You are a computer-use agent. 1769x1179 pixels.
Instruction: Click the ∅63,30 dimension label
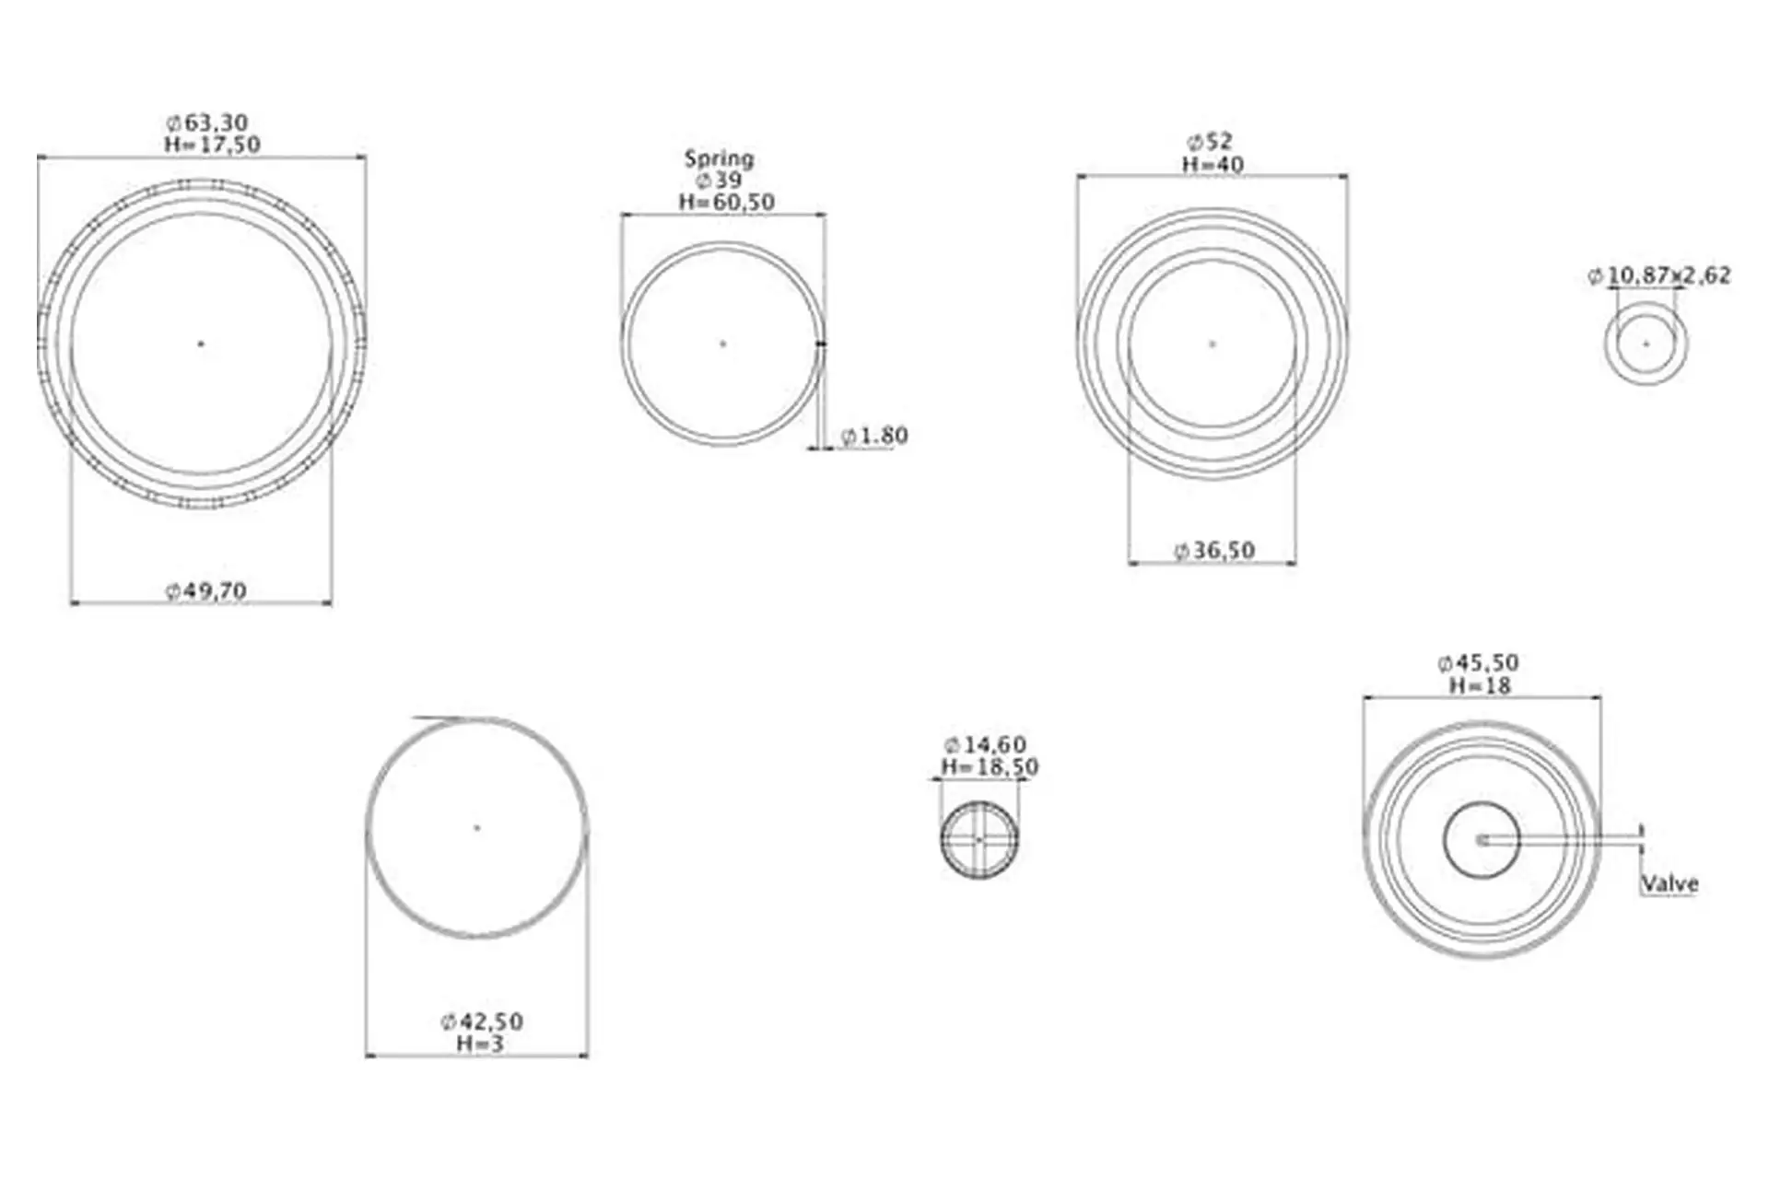207,123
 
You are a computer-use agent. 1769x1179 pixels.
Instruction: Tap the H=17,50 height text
212,145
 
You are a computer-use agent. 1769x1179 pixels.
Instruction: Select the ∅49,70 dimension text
206,590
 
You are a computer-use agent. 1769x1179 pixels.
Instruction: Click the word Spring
719,159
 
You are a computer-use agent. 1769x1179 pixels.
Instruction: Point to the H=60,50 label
727,202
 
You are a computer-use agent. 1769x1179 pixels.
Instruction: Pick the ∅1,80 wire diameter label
874,436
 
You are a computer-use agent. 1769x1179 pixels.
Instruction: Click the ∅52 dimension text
1210,142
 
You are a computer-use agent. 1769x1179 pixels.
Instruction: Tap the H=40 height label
1213,165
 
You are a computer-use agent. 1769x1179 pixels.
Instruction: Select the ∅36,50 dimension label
1213,551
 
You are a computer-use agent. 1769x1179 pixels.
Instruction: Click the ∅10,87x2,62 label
1659,275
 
